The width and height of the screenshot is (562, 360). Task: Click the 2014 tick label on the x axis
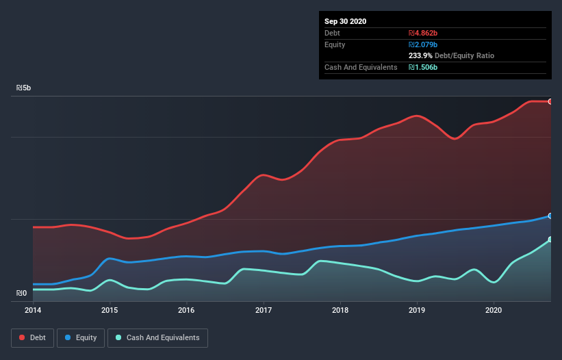pyautogui.click(x=33, y=310)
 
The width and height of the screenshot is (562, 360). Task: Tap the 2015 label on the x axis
pyautogui.click(x=110, y=310)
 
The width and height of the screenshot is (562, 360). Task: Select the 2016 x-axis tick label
pyautogui.click(x=186, y=310)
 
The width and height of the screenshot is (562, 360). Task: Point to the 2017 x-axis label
pyautogui.click(x=263, y=310)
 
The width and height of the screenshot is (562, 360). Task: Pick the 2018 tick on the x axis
pyautogui.click(x=340, y=310)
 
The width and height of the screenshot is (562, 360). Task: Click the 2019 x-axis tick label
pyautogui.click(x=416, y=310)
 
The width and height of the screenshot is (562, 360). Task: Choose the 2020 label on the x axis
pyautogui.click(x=493, y=310)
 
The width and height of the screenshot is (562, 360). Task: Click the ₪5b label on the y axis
pyautogui.click(x=23, y=88)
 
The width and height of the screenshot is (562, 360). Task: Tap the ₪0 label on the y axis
pyautogui.click(x=21, y=294)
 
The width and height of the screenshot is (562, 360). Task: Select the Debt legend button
pyautogui.click(x=31, y=338)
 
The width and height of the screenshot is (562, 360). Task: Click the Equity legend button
pyautogui.click(x=81, y=338)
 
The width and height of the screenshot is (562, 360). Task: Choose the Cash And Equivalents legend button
pyautogui.click(x=157, y=338)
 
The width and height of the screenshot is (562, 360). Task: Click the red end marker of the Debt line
pyautogui.click(x=550, y=101)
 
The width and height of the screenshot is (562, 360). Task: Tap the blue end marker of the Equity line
pyautogui.click(x=550, y=216)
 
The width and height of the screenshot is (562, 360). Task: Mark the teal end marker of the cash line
pyautogui.click(x=550, y=240)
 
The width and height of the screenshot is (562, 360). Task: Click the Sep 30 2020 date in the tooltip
pyautogui.click(x=345, y=21)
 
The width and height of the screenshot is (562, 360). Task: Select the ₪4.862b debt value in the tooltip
pyautogui.click(x=424, y=33)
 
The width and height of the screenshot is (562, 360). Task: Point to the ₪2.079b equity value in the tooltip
pyautogui.click(x=424, y=44)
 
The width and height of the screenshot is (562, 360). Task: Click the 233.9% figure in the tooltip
pyautogui.click(x=420, y=56)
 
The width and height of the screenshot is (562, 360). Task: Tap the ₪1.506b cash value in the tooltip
pyautogui.click(x=424, y=68)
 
